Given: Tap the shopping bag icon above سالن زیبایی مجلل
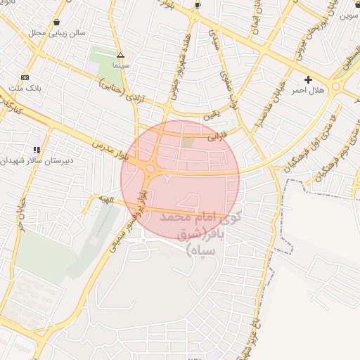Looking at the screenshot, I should coord(56,22).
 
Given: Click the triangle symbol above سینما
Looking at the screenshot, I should coord(121,54).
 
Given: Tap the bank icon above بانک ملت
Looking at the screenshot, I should coord(25,77).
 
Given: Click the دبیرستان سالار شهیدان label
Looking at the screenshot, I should coord(32,161).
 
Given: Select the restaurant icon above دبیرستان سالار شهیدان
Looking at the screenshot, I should coord(36,150).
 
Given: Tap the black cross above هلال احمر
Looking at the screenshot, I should coord(308,79).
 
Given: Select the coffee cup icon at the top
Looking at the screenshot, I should coord(198,5).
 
